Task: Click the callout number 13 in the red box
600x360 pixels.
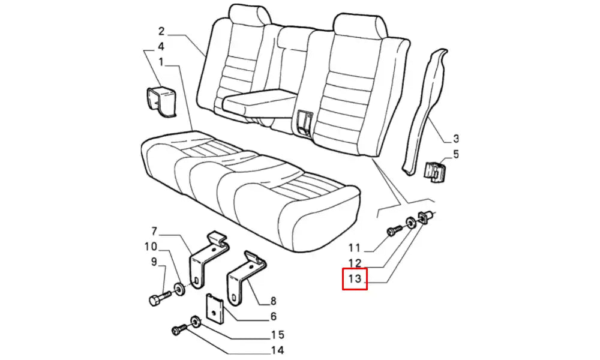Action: [355, 279]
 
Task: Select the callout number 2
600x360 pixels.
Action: [161, 31]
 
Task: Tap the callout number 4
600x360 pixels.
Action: [161, 47]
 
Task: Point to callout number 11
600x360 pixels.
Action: [355, 248]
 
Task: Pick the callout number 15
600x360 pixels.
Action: [278, 335]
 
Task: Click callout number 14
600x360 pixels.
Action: [277, 350]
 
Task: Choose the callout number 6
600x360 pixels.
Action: [273, 316]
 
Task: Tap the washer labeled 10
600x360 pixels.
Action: [179, 288]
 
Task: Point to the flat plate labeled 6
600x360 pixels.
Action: [215, 308]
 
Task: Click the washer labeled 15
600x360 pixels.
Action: [195, 322]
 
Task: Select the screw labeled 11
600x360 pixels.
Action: [394, 230]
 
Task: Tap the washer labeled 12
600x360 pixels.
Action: [410, 222]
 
